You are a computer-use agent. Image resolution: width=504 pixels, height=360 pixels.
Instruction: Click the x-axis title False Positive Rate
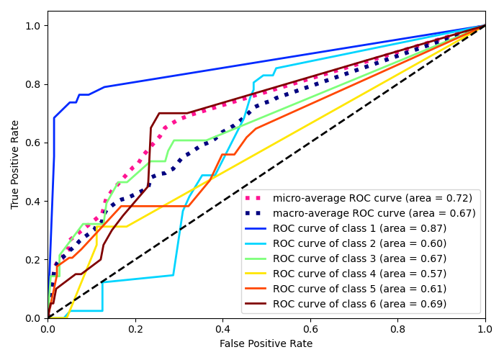[x=266, y=344]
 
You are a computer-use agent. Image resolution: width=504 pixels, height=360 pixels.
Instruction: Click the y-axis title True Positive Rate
[x=16, y=164]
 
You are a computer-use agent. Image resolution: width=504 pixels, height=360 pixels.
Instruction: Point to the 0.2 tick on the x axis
[x=135, y=328]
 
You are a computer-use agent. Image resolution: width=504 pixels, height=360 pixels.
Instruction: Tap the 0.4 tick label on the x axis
[x=222, y=328]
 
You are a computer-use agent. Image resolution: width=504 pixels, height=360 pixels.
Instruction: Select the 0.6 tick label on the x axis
[x=310, y=328]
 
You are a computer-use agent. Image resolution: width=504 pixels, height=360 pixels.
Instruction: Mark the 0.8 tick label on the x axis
[x=397, y=328]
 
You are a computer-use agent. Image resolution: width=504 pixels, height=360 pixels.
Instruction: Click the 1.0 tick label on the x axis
[x=485, y=328]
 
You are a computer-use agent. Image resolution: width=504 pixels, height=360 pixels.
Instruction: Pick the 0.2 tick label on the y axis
[x=33, y=260]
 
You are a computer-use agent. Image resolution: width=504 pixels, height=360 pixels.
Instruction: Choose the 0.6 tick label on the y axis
[x=33, y=143]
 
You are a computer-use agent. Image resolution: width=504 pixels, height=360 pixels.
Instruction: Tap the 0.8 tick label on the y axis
[x=33, y=84]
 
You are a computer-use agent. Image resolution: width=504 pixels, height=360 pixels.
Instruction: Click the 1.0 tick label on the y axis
[x=33, y=26]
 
